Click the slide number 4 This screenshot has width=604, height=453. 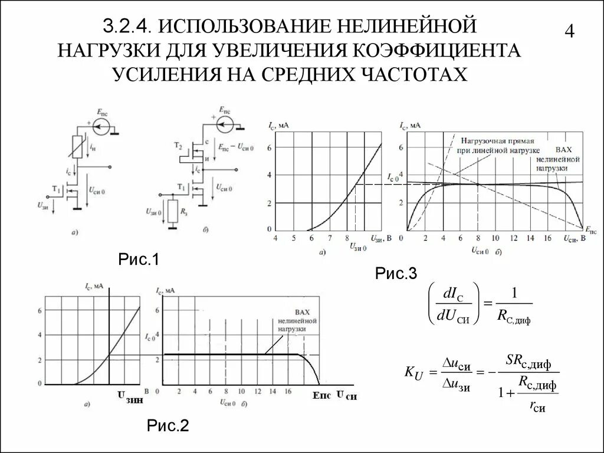(569, 31)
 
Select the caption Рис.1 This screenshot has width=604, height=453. (139, 260)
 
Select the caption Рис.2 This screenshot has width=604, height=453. (168, 425)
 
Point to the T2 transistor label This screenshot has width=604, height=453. (178, 145)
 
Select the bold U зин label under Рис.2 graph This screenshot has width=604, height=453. (130, 399)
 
